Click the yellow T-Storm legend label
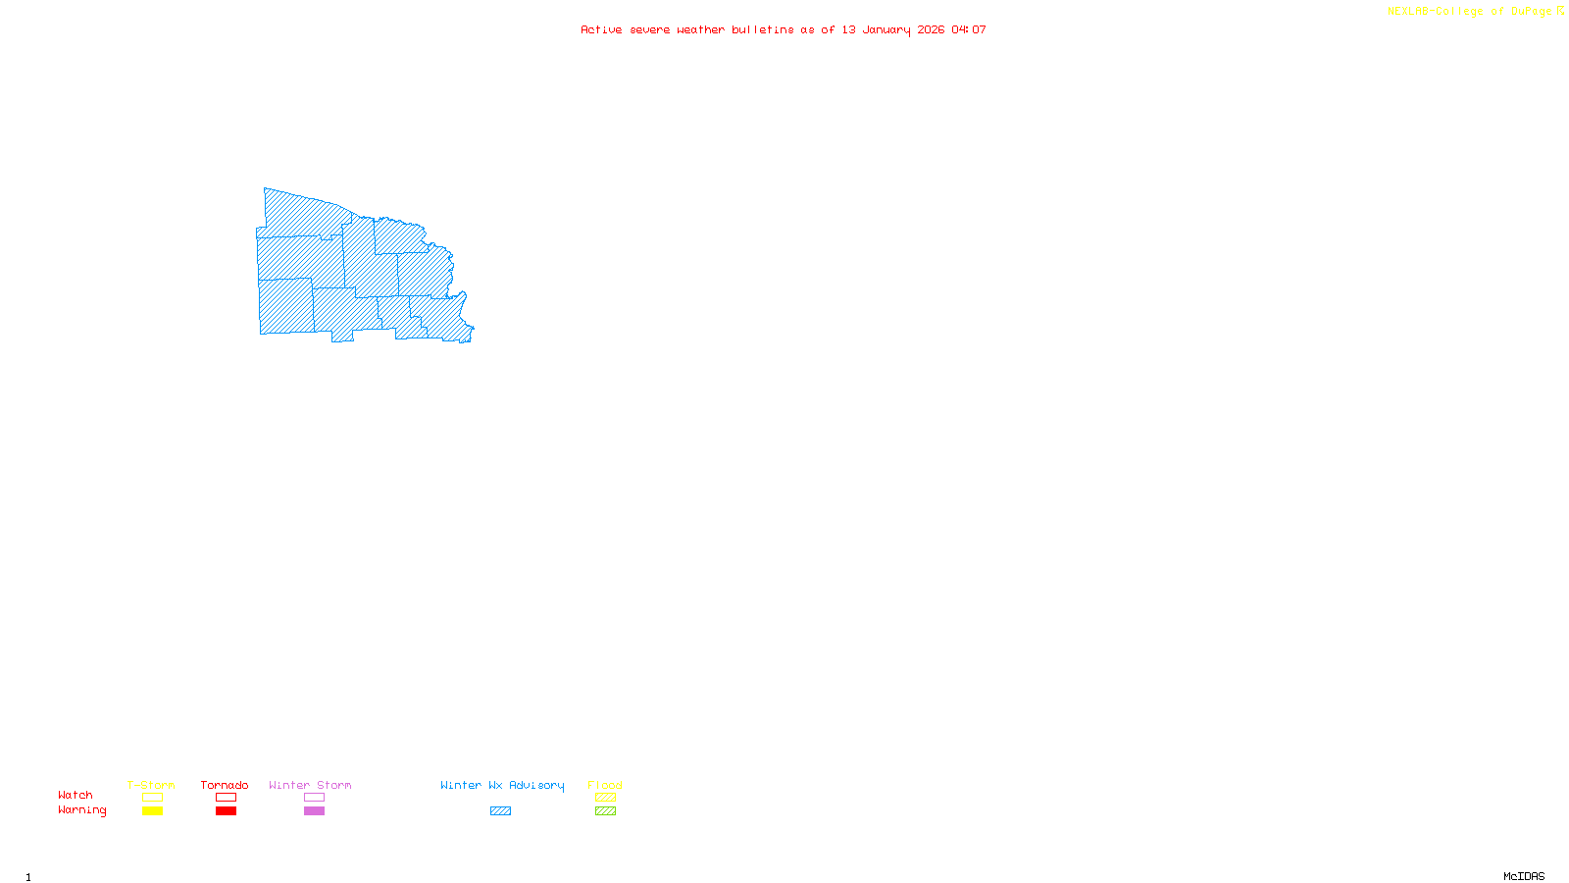click(151, 785)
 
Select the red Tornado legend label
click(225, 785)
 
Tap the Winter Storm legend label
click(310, 785)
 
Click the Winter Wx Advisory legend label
click(502, 785)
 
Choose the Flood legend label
click(605, 785)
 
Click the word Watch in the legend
click(76, 795)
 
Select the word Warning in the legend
click(81, 810)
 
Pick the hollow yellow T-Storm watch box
click(152, 798)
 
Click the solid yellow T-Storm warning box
click(152, 811)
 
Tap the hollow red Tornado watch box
click(226, 798)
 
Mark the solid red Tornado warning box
click(226, 811)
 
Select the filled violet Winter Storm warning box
click(314, 811)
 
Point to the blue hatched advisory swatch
click(500, 811)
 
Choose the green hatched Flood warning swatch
click(605, 811)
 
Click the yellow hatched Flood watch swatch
click(605, 798)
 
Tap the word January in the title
click(886, 29)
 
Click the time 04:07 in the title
click(968, 29)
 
